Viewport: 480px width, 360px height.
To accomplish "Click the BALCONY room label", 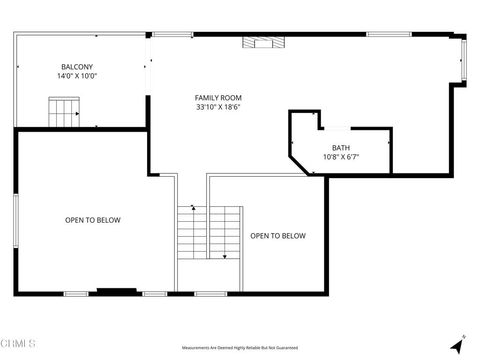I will (x=77, y=66).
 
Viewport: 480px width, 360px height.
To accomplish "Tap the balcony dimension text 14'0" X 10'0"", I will (x=77, y=76).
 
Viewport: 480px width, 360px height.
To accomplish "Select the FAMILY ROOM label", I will (x=218, y=97).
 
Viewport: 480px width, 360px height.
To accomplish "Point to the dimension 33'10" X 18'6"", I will (x=218, y=107).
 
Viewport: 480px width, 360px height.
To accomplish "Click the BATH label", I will (x=341, y=147).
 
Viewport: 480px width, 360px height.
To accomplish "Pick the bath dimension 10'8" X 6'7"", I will (x=341, y=157).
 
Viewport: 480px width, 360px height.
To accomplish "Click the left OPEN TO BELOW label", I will (x=93, y=220).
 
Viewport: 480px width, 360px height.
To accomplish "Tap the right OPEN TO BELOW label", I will (x=277, y=236).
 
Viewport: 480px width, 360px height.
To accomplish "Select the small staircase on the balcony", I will (x=65, y=111).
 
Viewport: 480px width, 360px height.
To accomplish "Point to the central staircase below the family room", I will (x=210, y=232).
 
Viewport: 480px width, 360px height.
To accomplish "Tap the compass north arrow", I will (x=459, y=342).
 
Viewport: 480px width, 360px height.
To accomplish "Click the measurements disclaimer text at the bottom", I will (x=239, y=347).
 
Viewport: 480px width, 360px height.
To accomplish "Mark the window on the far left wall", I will (x=16, y=220).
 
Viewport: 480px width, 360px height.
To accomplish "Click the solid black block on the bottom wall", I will (x=117, y=292).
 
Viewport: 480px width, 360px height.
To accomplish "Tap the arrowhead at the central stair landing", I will (x=225, y=256).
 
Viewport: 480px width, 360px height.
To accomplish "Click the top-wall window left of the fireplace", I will (x=172, y=34).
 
